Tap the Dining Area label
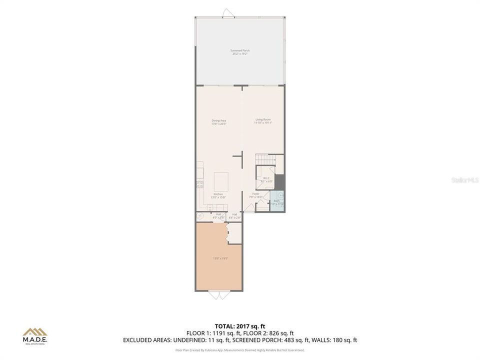coord(218,121)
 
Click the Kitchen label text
coord(218,194)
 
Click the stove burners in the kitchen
coord(200,184)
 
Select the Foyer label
coord(255,194)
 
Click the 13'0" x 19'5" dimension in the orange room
coord(220,258)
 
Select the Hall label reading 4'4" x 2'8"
coord(234,216)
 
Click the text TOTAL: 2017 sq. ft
coord(239,326)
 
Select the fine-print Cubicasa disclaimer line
coord(239,350)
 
